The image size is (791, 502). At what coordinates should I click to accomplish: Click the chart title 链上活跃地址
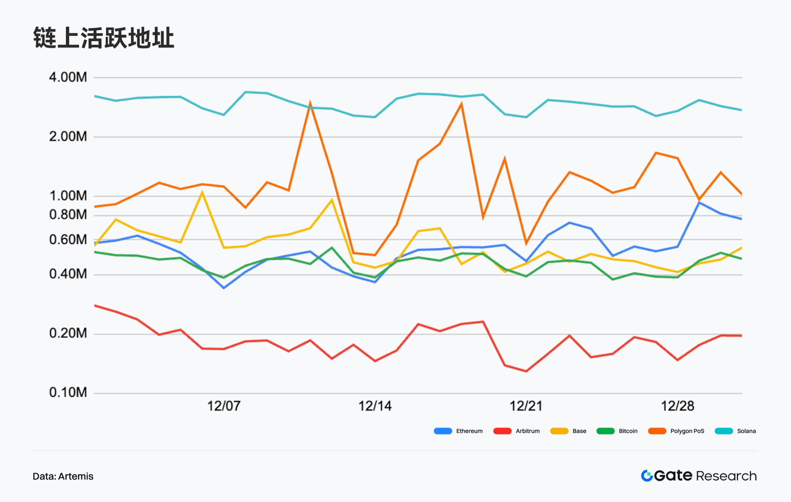click(x=104, y=38)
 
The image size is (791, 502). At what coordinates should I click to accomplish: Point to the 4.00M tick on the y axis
click(x=68, y=77)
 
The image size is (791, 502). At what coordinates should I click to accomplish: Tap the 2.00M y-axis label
click(x=68, y=136)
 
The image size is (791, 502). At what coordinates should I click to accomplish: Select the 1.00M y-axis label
click(x=68, y=196)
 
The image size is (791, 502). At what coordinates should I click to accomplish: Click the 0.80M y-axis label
click(x=68, y=214)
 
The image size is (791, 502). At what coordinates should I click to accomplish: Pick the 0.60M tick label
click(x=68, y=240)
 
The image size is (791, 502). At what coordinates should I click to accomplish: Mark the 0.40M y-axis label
click(x=68, y=274)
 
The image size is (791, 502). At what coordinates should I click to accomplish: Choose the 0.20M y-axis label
click(x=68, y=333)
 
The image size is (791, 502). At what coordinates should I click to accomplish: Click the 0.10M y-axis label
click(x=68, y=392)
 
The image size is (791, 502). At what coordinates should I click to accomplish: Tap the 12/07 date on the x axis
click(x=224, y=406)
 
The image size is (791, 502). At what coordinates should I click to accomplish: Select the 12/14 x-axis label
click(x=375, y=406)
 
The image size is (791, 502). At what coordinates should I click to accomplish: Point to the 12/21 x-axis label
click(x=526, y=406)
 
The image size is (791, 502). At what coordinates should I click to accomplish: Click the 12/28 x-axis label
click(x=678, y=406)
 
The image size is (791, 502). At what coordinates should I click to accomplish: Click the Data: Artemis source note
click(x=63, y=476)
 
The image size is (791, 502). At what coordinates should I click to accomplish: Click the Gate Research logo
click(x=699, y=476)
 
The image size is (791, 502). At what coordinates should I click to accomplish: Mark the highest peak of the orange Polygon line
click(x=310, y=104)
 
